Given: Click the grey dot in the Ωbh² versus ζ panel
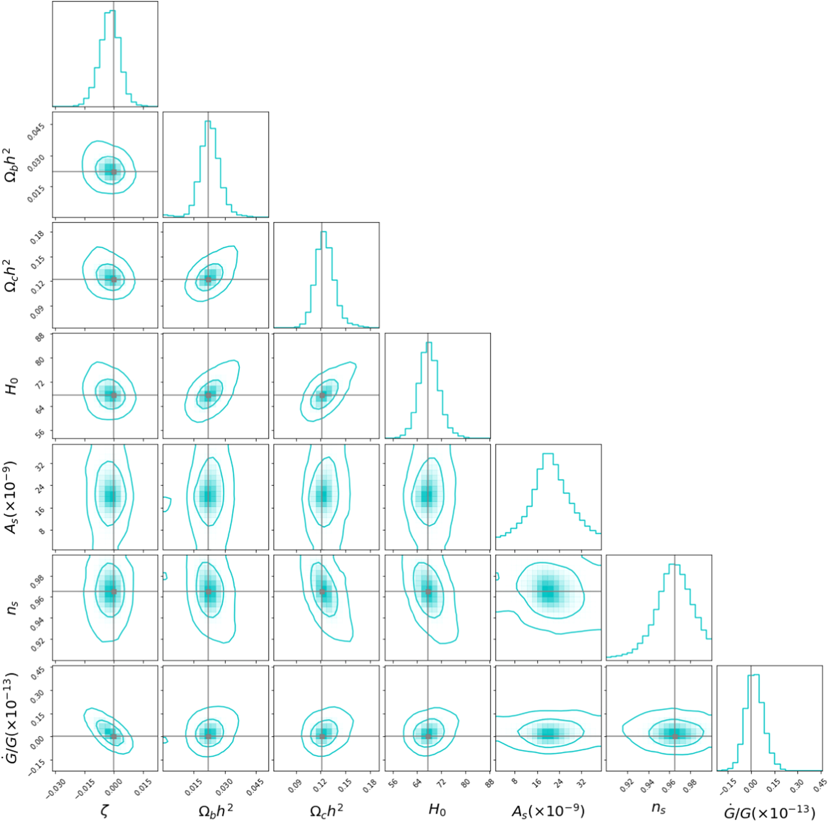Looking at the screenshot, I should click(114, 172).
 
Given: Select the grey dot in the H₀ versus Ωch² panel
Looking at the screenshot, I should click(322, 395).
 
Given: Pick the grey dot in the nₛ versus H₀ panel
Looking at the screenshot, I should click(428, 592).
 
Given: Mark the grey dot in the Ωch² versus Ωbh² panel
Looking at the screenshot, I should click(208, 279).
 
